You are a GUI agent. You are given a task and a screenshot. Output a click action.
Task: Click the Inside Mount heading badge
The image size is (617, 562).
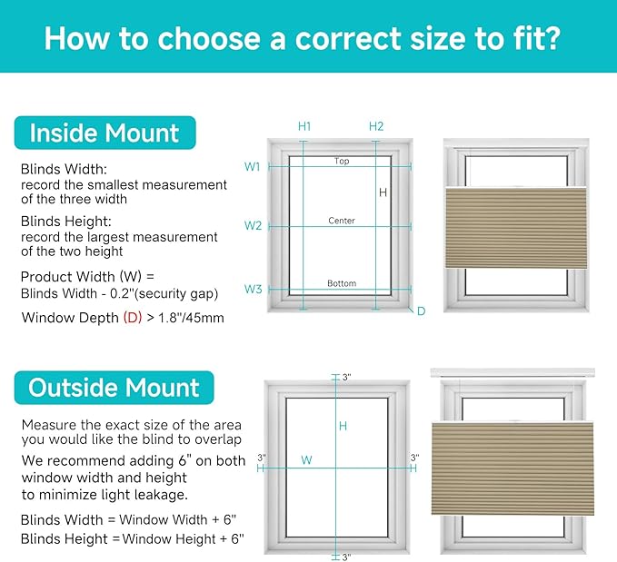pos(104,133)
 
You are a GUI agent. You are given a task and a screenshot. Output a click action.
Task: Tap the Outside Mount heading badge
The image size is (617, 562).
pos(114,388)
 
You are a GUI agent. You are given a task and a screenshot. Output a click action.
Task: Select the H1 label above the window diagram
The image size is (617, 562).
pos(304,126)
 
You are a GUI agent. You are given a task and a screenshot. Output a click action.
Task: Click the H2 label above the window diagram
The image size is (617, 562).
pos(376,126)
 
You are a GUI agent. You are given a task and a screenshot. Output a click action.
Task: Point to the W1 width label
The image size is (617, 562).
pos(253,167)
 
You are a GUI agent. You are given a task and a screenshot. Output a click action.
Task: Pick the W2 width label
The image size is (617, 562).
pos(253,226)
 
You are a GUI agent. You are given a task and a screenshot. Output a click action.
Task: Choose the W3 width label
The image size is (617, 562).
pos(253,289)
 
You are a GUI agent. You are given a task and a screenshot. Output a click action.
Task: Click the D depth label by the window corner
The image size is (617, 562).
pos(421,311)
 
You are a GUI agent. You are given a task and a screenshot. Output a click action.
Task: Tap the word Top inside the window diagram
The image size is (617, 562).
pos(342,161)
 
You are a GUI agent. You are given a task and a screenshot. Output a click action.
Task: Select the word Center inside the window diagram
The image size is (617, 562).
pos(342,221)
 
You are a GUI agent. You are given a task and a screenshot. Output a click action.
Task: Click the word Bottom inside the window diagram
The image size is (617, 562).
pos(342,283)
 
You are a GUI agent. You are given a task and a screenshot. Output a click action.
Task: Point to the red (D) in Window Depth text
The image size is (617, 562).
pos(133,317)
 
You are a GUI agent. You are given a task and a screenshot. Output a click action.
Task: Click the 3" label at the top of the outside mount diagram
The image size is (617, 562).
pos(346,377)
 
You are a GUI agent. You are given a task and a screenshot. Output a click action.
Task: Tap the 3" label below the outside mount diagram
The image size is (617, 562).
pos(346,557)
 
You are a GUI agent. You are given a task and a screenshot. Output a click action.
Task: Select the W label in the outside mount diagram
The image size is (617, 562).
pos(306,459)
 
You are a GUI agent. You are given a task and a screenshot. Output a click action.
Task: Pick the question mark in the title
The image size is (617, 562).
pos(552,38)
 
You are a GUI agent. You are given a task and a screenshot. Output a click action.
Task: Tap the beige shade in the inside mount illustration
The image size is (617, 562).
pos(516,228)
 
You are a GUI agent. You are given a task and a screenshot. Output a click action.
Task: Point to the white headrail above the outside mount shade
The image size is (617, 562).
pos(513,372)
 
